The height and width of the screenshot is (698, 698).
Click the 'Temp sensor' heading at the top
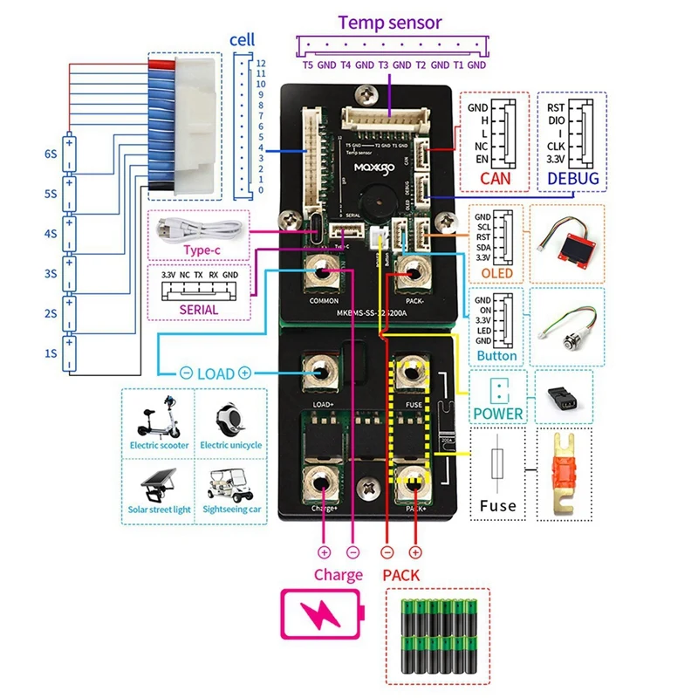(389, 23)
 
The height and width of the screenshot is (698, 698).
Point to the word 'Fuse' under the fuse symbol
(497, 504)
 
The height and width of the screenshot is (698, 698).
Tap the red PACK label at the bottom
(400, 575)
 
